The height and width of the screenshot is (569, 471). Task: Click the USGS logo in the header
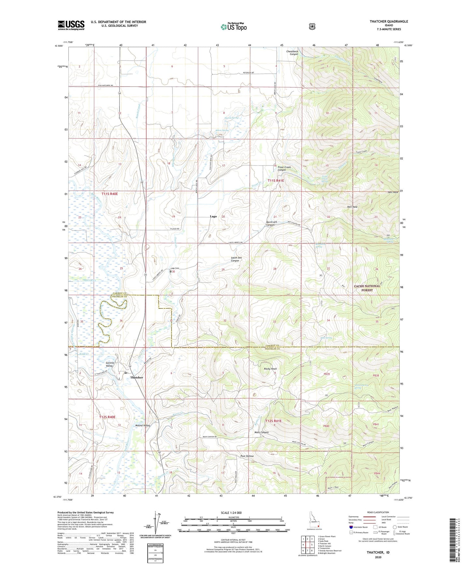71,25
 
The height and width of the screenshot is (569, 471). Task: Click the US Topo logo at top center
233,27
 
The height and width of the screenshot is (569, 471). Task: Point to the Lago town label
213,216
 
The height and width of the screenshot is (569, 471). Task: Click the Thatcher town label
137,377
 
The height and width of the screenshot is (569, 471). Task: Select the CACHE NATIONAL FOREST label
367,288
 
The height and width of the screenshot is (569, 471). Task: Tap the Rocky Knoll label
270,369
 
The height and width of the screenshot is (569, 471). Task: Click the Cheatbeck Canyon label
292,53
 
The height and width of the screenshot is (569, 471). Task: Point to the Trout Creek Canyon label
284,168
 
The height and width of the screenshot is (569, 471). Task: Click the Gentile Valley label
109,364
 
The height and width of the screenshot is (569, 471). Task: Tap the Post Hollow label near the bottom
247,456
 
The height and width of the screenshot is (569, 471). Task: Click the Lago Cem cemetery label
175,269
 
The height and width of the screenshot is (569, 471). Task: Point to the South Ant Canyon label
236,259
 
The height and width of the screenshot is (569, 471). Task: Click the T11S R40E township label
110,194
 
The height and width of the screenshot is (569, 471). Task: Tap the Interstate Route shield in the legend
351,527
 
